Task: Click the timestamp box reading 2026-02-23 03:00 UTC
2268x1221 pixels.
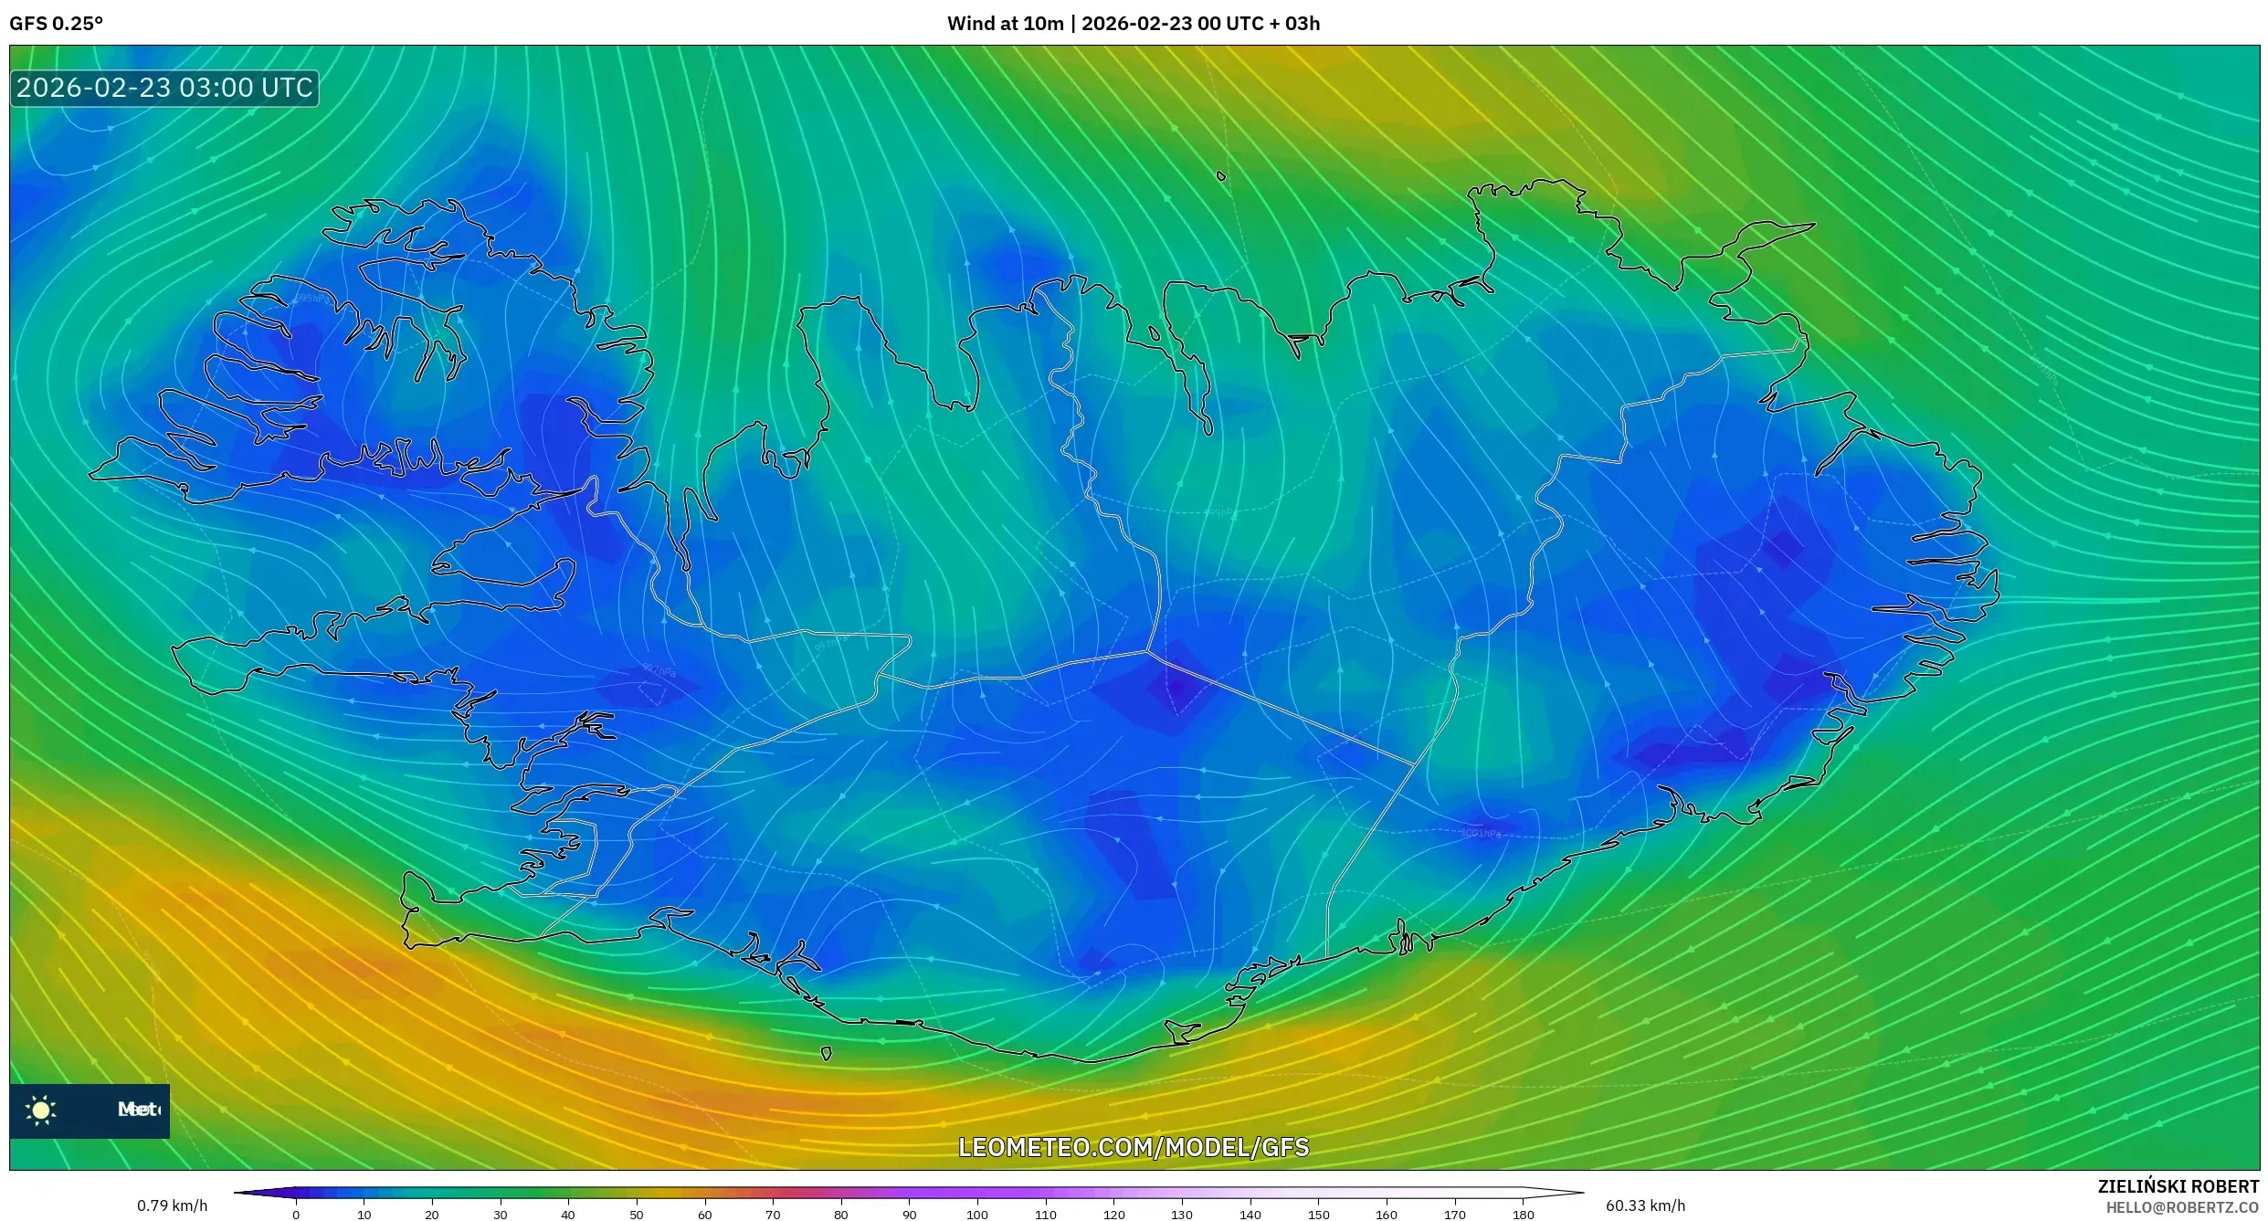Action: [x=164, y=89]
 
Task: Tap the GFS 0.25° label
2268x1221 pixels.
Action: [x=56, y=24]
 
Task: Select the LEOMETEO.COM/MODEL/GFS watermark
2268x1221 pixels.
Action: [x=1133, y=1147]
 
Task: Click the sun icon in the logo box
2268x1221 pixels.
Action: [x=41, y=1110]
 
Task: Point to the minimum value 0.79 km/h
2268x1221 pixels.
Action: [x=172, y=1205]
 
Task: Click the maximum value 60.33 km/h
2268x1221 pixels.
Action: [x=1645, y=1205]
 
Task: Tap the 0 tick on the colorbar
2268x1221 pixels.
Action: [x=296, y=1215]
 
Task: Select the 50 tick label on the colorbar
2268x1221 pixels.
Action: [x=637, y=1215]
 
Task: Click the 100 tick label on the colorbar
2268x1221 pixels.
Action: [x=977, y=1215]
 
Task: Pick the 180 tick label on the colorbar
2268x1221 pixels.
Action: [x=1523, y=1215]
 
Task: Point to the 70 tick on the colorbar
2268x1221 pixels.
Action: [x=773, y=1215]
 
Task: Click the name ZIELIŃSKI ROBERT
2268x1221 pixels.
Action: [x=2178, y=1186]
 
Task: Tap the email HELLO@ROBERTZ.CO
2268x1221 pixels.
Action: [x=2182, y=1207]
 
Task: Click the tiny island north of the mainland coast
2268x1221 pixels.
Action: [x=1221, y=176]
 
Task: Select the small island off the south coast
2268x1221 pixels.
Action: [x=826, y=1054]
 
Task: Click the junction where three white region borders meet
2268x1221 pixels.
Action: [x=1148, y=651]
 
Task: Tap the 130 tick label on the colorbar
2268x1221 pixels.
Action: [x=1182, y=1215]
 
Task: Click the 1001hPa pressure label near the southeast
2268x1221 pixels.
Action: [x=1480, y=833]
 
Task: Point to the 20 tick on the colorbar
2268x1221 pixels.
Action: [x=432, y=1215]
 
